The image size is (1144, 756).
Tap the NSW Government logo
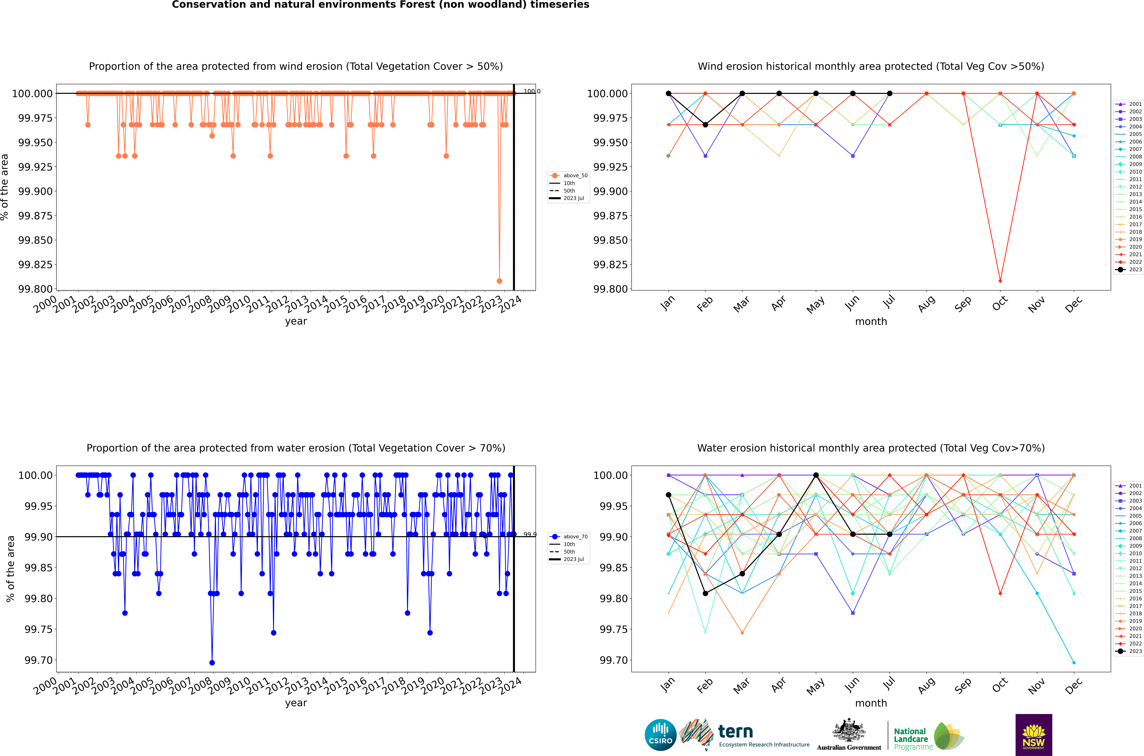[x=1034, y=735]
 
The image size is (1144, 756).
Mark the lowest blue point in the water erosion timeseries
[x=212, y=662]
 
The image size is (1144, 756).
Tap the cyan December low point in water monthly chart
[x=1074, y=662]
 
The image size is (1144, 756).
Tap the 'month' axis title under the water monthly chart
[x=871, y=703]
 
